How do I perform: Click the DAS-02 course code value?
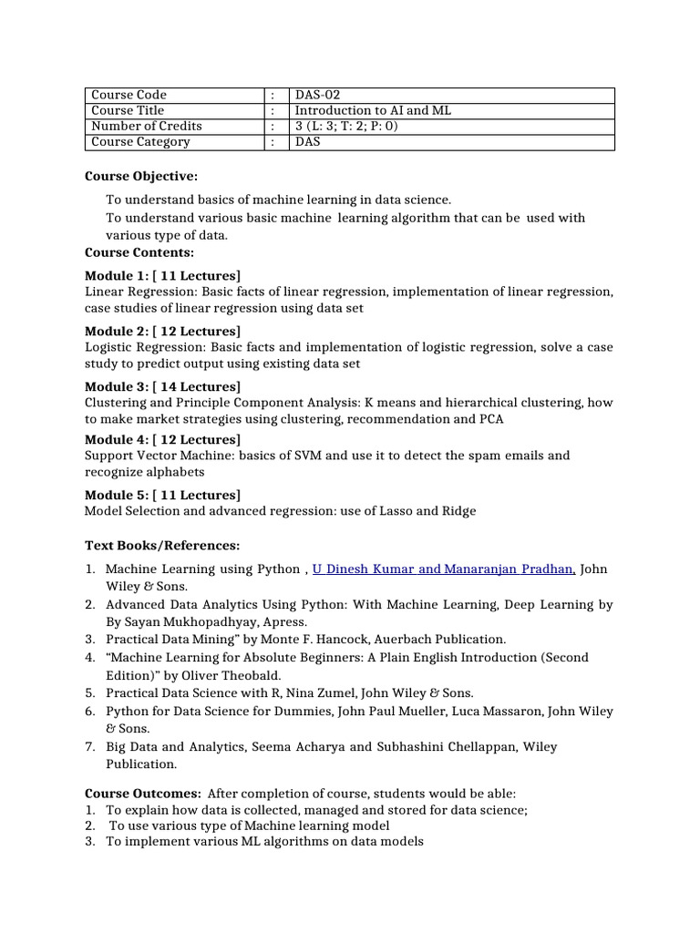coord(314,95)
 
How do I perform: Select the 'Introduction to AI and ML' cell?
coord(372,110)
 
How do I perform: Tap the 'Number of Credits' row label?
coord(147,126)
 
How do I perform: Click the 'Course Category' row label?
coord(140,141)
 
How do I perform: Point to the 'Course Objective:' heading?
coord(141,176)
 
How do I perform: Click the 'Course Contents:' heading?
coord(139,252)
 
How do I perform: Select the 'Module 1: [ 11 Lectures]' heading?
coord(162,275)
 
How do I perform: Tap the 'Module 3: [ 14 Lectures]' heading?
coord(162,386)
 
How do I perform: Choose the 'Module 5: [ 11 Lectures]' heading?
coord(162,495)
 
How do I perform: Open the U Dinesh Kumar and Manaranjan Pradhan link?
coord(443,569)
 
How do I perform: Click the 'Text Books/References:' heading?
coord(162,545)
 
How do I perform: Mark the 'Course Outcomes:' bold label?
coord(143,794)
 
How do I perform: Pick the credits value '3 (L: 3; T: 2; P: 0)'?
coord(346,126)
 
